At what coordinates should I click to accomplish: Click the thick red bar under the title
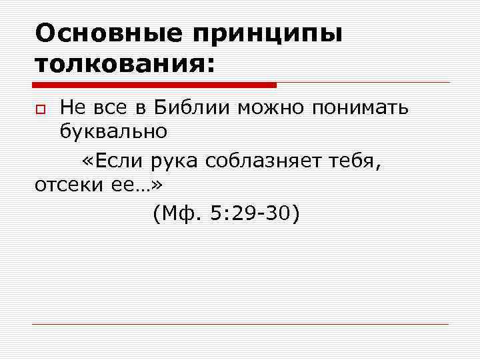click(x=154, y=85)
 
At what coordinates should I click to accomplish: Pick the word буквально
click(x=113, y=131)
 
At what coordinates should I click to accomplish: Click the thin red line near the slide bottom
click(x=240, y=324)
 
